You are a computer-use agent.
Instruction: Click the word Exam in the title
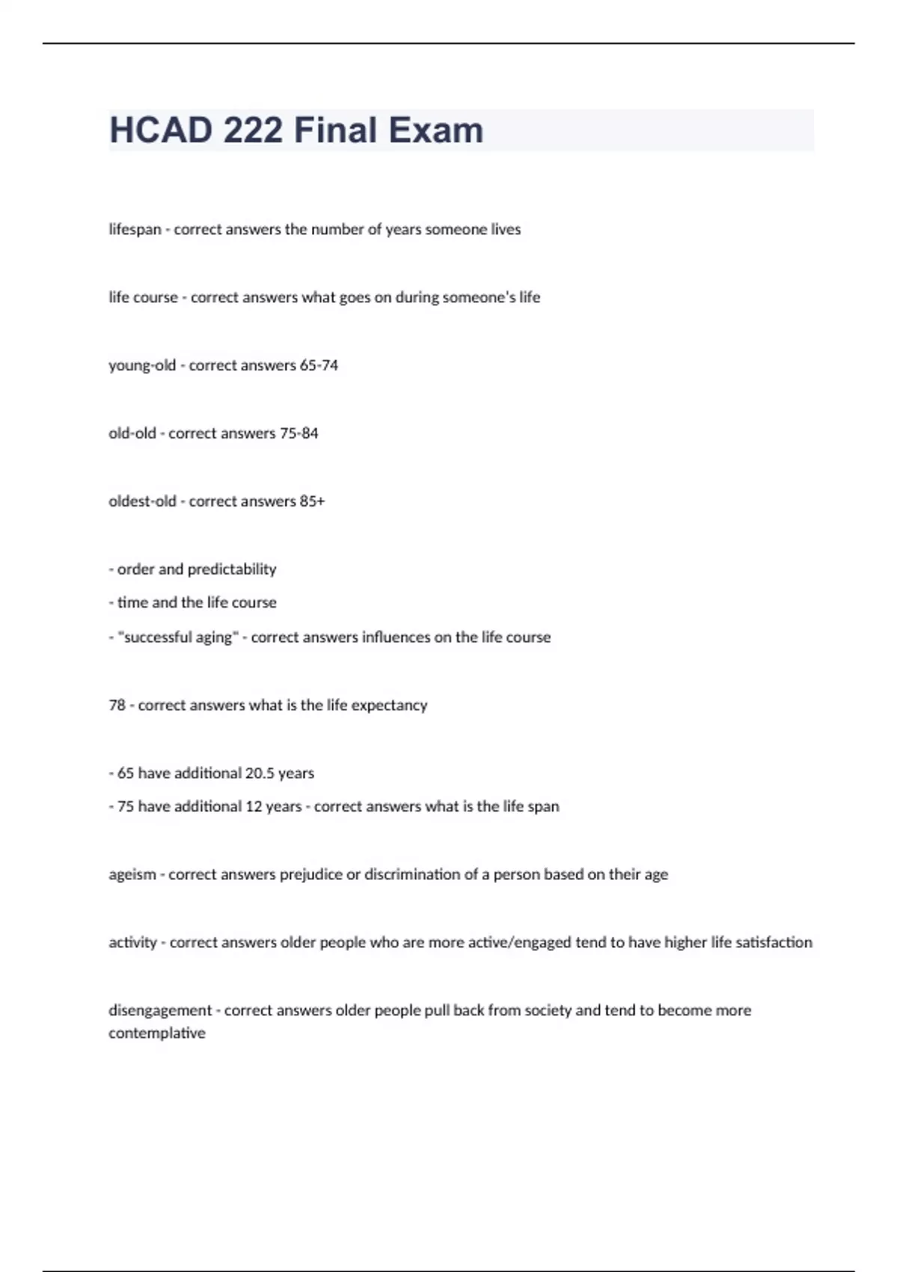[435, 130]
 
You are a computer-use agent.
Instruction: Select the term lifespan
[135, 230]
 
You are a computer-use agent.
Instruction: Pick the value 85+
[312, 501]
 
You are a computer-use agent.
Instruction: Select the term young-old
[142, 366]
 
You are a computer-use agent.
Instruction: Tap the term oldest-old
[142, 501]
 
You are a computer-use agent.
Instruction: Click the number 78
[117, 705]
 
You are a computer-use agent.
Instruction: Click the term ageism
[132, 875]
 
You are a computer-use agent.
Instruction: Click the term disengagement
[160, 1011]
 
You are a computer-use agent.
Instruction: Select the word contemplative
[157, 1033]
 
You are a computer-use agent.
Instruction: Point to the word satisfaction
[774, 942]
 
